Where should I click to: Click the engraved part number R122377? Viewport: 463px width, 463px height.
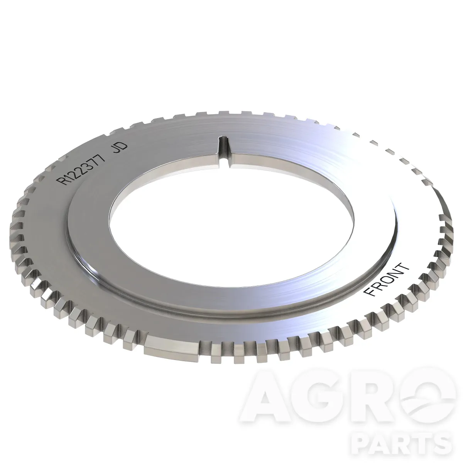coord(83,169)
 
